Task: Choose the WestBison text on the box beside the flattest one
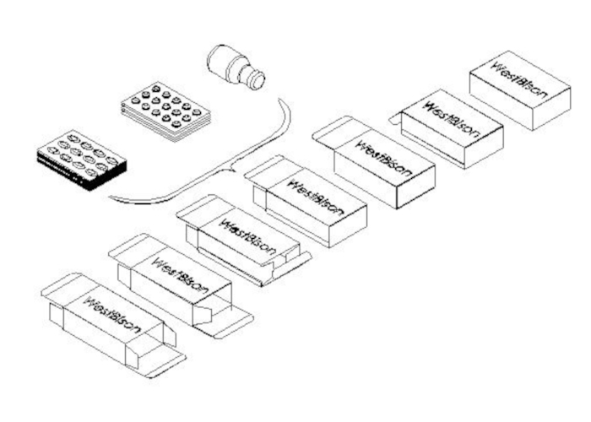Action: (x=179, y=276)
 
